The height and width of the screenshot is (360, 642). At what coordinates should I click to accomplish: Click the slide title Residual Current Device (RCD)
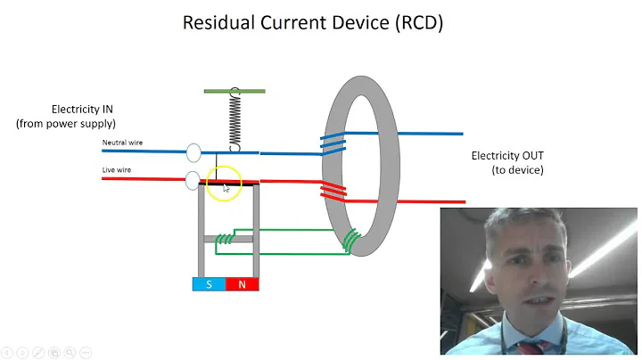(x=313, y=22)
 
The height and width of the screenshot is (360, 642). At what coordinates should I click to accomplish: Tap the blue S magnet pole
(x=209, y=284)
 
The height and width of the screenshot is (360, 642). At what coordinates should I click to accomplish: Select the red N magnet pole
(x=242, y=284)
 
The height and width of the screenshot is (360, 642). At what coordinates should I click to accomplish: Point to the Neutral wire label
(x=122, y=143)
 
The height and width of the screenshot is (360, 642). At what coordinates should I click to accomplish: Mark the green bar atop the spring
(x=235, y=91)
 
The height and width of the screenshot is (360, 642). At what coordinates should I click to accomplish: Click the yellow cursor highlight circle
(x=224, y=184)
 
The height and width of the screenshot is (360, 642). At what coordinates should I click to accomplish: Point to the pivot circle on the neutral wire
(x=193, y=153)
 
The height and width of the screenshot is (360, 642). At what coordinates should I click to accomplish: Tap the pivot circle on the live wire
(x=193, y=181)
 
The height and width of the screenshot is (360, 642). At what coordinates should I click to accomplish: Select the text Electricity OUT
(x=506, y=156)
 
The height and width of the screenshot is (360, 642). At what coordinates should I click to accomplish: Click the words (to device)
(x=517, y=169)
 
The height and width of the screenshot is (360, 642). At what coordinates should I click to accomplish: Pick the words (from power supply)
(x=66, y=123)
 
